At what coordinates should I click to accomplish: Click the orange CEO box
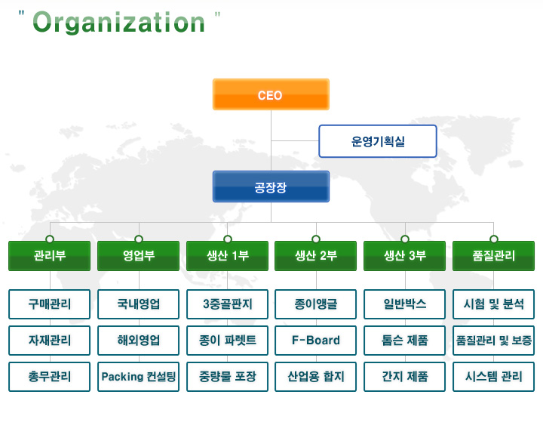click(271, 94)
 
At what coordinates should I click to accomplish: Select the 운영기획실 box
click(378, 141)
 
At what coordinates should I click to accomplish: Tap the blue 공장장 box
click(271, 187)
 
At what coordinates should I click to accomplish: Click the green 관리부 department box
click(50, 256)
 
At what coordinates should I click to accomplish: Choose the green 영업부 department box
click(139, 256)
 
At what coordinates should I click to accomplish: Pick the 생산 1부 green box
click(227, 256)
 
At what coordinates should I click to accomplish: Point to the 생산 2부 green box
click(315, 256)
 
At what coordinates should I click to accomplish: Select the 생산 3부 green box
click(404, 256)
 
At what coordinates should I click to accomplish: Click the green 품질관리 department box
click(493, 256)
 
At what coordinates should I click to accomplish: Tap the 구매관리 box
click(50, 304)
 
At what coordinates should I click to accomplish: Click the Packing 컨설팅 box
click(139, 377)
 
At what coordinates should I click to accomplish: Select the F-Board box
click(315, 341)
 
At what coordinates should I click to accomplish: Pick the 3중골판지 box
click(227, 304)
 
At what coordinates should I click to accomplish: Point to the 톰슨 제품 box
click(404, 341)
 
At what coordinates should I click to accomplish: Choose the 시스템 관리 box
click(493, 377)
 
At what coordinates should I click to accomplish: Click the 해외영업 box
click(139, 341)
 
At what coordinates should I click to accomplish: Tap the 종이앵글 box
click(315, 304)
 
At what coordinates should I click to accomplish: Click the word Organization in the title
click(119, 23)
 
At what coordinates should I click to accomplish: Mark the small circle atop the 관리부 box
click(50, 239)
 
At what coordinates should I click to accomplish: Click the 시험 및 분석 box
click(493, 304)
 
